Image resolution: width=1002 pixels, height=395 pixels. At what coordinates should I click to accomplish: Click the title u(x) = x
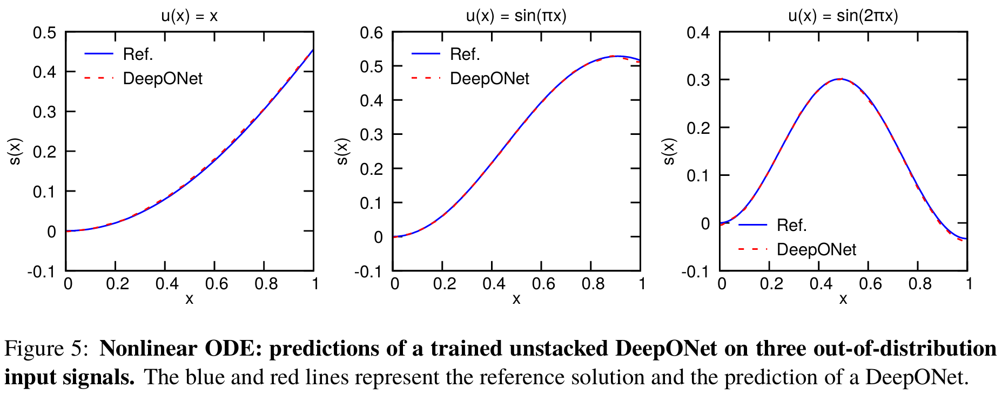point(189,16)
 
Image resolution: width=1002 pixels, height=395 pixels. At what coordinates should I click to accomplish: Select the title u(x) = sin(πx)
point(516,16)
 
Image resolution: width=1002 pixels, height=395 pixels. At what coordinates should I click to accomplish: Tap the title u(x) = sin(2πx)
point(843,16)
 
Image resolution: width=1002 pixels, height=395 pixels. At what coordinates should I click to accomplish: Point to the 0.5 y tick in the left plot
point(45,33)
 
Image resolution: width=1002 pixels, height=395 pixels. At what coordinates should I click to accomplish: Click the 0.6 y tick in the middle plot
point(372,33)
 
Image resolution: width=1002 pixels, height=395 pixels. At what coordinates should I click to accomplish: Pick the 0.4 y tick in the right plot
point(698,33)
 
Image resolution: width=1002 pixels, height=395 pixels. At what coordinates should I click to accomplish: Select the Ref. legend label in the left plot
point(138,55)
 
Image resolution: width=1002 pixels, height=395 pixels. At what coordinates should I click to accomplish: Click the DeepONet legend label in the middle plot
point(489,79)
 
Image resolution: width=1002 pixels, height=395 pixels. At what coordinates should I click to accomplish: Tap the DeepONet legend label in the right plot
point(816,250)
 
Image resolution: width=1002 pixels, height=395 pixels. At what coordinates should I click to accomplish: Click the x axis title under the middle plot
point(516,299)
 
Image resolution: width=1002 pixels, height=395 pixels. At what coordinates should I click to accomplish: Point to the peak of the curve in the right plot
point(840,79)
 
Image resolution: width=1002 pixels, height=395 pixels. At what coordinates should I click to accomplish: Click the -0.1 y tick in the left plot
point(42,271)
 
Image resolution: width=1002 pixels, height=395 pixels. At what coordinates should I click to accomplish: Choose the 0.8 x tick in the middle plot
point(593,284)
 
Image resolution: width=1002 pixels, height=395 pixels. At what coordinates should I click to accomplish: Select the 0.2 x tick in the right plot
point(771,284)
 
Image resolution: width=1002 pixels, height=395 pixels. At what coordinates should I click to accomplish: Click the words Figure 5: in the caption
point(46,349)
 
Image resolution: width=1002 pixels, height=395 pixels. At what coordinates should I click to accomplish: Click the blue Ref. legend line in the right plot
point(752,225)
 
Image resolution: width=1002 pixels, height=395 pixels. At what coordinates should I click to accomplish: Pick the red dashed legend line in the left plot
point(99,79)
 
